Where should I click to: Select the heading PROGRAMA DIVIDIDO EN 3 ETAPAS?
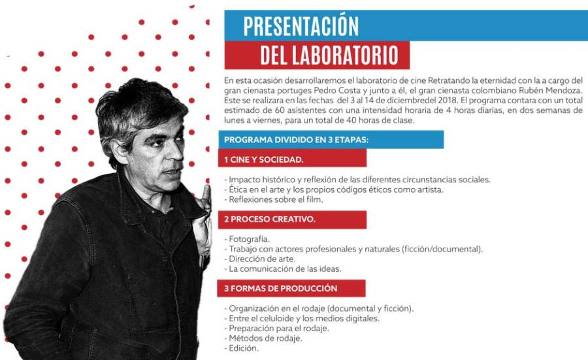click(x=296, y=140)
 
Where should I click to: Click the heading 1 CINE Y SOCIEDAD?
click(x=264, y=160)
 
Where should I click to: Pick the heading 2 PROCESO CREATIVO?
click(x=270, y=219)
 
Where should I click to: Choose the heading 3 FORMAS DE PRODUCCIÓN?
click(x=280, y=288)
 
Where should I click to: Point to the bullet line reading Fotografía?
click(x=247, y=239)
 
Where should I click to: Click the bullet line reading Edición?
click(x=241, y=348)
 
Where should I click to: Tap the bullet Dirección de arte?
click(x=259, y=259)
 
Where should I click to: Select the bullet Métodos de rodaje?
click(x=263, y=338)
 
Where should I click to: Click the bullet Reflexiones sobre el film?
click(x=273, y=199)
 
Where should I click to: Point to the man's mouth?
click(x=172, y=172)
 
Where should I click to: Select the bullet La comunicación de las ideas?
click(x=282, y=269)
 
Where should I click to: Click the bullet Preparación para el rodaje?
click(x=276, y=328)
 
